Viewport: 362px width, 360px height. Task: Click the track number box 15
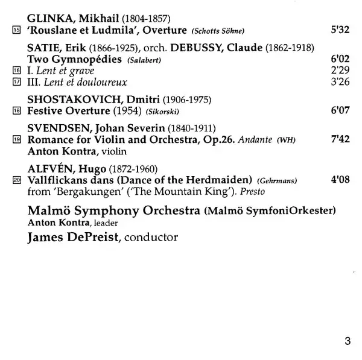(16, 30)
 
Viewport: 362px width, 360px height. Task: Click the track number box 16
(16, 71)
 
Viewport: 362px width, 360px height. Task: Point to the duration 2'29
(341, 71)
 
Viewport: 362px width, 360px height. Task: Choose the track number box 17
(16, 82)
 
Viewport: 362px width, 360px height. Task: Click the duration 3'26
(341, 82)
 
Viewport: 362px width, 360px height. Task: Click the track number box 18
(16, 112)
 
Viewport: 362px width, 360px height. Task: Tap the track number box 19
(16, 140)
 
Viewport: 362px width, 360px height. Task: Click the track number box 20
(16, 180)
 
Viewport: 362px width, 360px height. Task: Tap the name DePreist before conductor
(91, 237)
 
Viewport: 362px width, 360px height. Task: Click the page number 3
(347, 341)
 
